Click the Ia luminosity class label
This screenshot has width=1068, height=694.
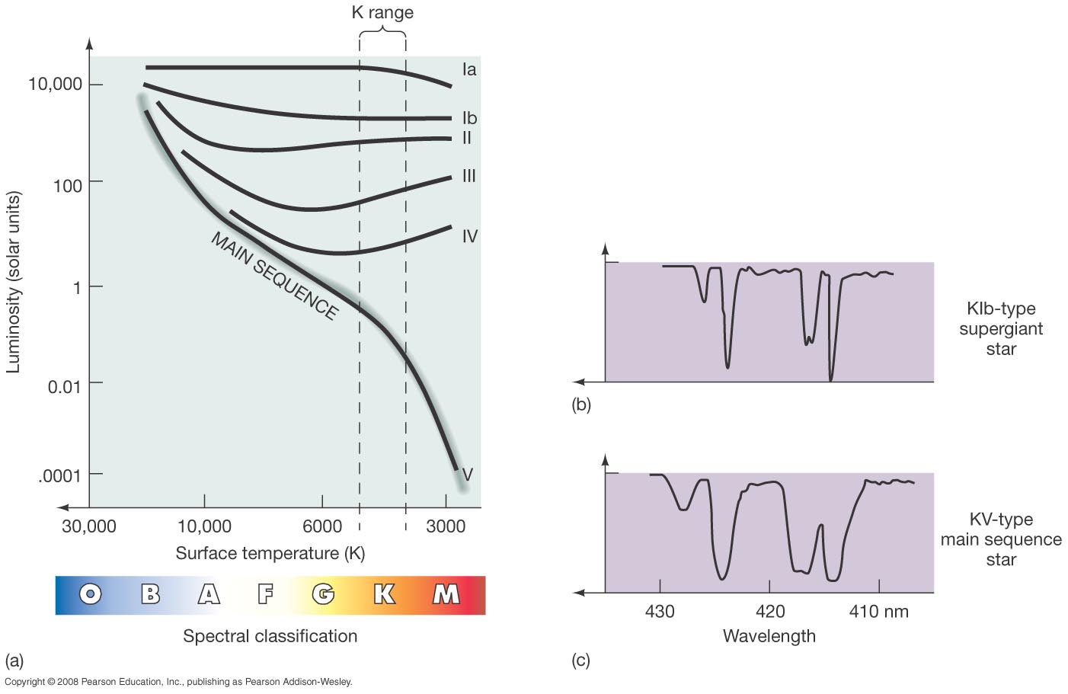click(x=469, y=70)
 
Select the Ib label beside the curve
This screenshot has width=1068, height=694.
click(x=469, y=118)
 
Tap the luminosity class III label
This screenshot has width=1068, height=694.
click(x=469, y=176)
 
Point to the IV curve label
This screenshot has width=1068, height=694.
click(x=470, y=236)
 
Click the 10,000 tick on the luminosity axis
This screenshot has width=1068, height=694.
click(x=55, y=84)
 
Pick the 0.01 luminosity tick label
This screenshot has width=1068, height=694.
click(x=64, y=386)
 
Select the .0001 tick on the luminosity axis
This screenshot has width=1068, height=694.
click(x=59, y=476)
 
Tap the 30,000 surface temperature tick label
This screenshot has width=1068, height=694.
click(x=89, y=526)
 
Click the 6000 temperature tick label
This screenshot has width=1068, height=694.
click(x=322, y=526)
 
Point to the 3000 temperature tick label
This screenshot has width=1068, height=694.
click(x=446, y=526)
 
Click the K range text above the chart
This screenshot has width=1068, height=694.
click(x=382, y=13)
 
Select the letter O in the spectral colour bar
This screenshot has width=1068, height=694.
click(x=90, y=594)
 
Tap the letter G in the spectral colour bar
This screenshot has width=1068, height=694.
click(x=323, y=594)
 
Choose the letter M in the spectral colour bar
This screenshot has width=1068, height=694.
click(x=446, y=594)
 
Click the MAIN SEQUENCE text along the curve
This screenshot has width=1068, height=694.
click(x=274, y=276)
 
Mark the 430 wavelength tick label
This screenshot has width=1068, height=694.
click(x=660, y=612)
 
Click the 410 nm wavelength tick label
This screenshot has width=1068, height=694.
click(x=879, y=612)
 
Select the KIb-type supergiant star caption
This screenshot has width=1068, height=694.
click(x=1001, y=329)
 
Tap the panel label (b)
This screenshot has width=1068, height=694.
click(x=581, y=405)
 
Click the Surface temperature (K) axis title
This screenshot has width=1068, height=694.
click(x=270, y=553)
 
